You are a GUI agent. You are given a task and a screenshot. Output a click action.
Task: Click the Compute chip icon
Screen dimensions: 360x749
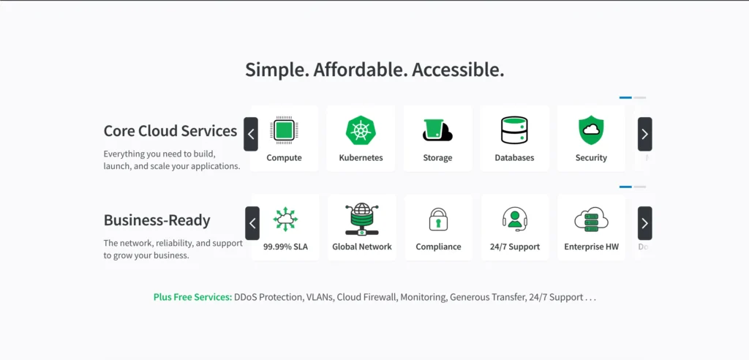coord(284,130)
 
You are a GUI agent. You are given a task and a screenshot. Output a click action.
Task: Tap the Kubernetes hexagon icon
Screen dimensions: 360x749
coord(361,130)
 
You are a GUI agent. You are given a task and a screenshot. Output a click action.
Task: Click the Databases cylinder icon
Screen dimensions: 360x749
coord(514,130)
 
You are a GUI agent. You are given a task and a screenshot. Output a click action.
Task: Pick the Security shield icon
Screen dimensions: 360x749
coord(591,130)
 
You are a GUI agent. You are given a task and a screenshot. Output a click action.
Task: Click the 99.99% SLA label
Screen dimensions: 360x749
coord(285,247)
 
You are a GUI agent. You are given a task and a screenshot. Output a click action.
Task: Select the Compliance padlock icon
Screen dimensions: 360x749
coord(438,220)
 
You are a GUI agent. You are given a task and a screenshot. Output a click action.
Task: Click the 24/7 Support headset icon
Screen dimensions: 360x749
coord(515,220)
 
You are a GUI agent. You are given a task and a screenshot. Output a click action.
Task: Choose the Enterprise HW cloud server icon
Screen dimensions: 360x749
coord(591,220)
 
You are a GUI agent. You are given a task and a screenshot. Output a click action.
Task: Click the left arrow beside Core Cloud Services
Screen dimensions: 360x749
coord(251,134)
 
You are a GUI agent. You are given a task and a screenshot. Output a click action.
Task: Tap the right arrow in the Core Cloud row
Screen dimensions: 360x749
coord(644,134)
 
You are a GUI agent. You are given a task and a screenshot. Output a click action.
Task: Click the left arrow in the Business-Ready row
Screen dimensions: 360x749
coord(252,223)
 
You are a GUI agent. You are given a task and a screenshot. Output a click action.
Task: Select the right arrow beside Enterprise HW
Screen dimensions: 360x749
coord(644,223)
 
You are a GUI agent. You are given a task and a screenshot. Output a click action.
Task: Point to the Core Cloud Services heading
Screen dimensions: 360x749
coord(170,131)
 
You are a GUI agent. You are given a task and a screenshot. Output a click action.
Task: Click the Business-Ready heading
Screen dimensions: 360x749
coord(157,220)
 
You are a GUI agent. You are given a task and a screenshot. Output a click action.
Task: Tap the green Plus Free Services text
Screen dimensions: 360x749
coord(192,297)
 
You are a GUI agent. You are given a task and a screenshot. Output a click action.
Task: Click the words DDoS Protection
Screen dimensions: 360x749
coord(268,297)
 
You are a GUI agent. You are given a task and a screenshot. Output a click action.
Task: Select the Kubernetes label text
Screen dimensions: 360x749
coord(361,157)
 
